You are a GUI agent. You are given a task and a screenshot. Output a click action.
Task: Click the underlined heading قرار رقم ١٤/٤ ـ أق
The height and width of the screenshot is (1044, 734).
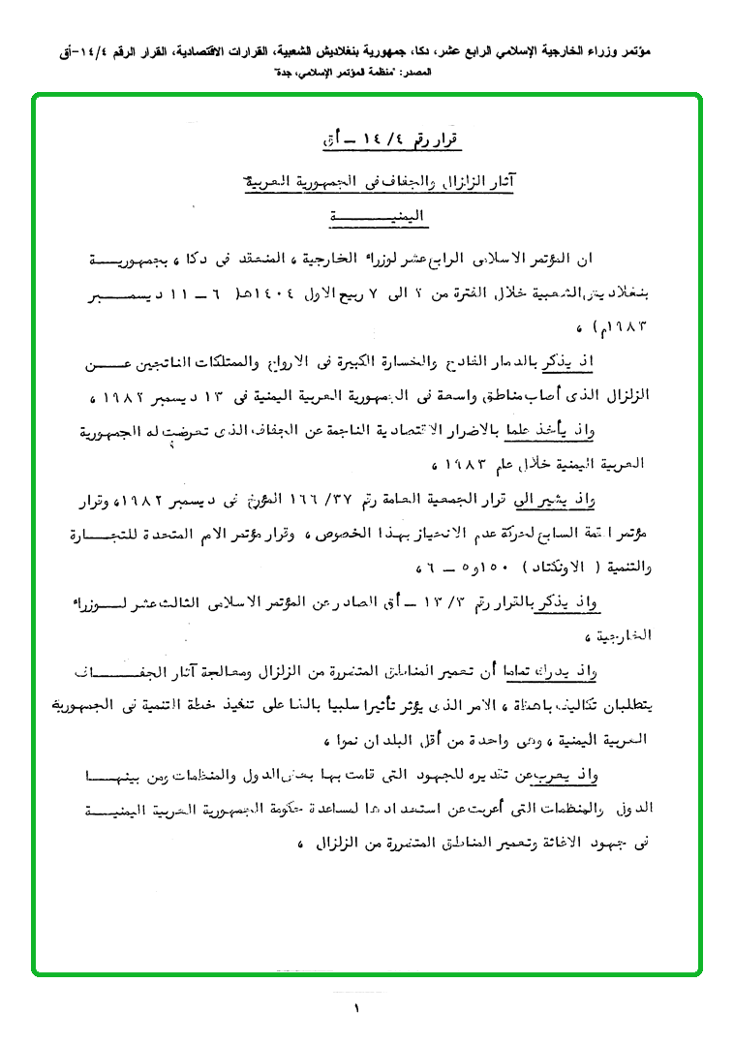(391, 141)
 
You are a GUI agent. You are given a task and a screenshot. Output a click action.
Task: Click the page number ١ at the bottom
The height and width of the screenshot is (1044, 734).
(357, 1009)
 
